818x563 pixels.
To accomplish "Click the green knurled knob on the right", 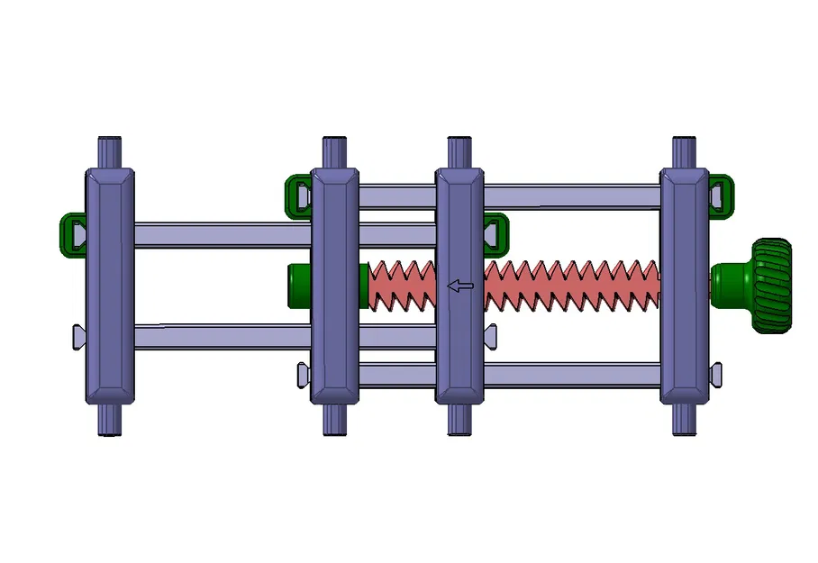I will (772, 286).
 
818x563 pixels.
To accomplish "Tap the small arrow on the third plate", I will (460, 286).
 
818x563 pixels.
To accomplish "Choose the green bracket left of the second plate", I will (297, 194).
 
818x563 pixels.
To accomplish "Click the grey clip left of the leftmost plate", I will (78, 337).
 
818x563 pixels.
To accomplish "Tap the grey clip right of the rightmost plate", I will (716, 371).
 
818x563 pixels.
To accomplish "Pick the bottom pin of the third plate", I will (459, 419).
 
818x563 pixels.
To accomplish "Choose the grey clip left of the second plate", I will (304, 373).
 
